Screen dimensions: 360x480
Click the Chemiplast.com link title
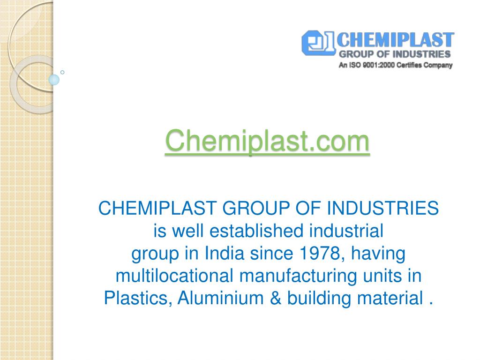(x=267, y=141)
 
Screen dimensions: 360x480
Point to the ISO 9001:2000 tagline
(x=395, y=66)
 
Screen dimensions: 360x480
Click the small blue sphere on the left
(x=54, y=79)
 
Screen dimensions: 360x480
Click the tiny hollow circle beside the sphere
(x=62, y=72)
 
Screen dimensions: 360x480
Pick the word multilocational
(x=174, y=276)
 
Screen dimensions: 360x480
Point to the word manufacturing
(x=299, y=276)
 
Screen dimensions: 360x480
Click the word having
(x=378, y=254)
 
